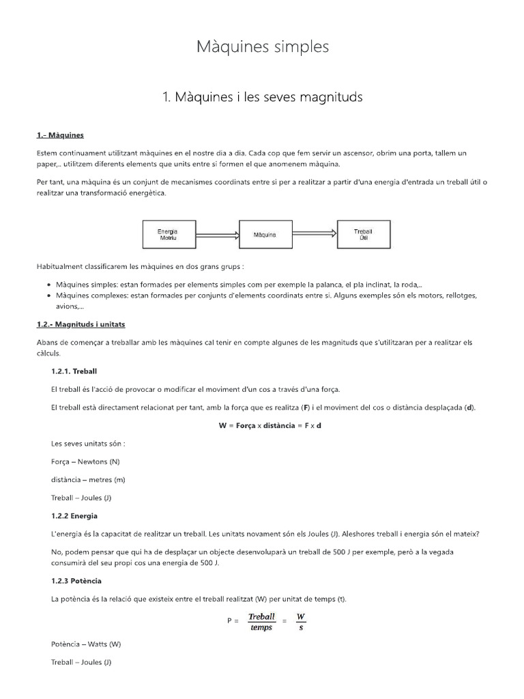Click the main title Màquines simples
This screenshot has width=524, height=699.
[262, 46]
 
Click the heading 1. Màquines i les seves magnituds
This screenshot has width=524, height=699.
[262, 98]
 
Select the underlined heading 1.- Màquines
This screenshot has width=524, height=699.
[60, 135]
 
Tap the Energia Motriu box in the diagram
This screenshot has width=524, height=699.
[166, 234]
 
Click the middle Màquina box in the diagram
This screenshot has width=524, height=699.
[264, 234]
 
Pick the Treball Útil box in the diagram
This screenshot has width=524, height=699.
[362, 234]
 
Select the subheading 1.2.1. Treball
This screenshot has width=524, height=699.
[74, 371]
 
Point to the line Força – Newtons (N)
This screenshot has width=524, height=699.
[85, 461]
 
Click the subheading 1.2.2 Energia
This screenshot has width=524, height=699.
[74, 515]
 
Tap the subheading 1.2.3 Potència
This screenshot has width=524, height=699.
[76, 580]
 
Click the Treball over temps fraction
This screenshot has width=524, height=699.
[261, 621]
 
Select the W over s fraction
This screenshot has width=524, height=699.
[301, 621]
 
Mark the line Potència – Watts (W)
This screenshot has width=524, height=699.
[86, 644]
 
